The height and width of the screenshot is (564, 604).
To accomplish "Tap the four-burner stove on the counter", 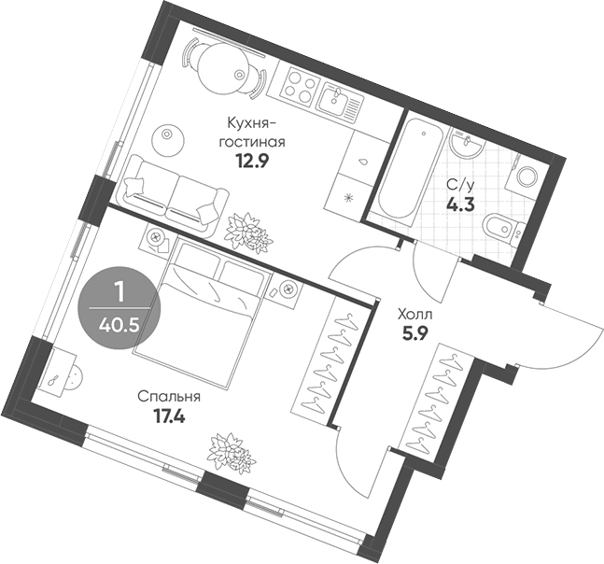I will click(301, 86).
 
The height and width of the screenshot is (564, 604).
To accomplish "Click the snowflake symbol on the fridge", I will click(350, 197).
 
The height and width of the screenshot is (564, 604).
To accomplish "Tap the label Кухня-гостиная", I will click(250, 132).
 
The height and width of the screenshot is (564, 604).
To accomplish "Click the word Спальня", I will click(169, 396).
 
